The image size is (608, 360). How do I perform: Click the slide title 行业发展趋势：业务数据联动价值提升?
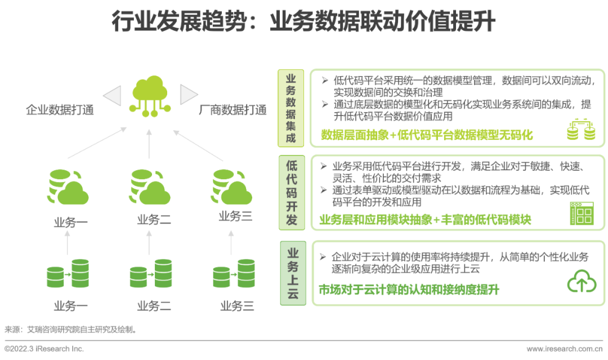303,22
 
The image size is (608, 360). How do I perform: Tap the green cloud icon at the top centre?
149,96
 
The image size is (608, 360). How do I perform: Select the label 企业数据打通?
60,110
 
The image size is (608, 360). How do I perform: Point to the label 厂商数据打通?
233,110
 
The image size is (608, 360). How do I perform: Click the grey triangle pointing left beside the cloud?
112,95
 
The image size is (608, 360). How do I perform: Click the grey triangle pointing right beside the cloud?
189,94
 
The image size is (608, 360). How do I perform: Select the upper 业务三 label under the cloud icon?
235,216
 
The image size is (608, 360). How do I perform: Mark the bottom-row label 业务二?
154,306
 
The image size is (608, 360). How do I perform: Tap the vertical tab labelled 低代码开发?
291,192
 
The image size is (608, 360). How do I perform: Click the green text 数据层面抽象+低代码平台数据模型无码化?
427,135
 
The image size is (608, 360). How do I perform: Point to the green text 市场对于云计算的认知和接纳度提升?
409,290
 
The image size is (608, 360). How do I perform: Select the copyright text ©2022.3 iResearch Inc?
44,349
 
